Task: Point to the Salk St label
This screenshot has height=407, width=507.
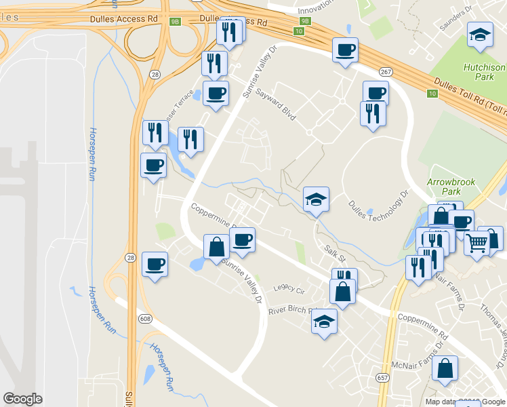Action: (334, 254)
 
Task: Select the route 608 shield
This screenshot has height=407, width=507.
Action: (145, 319)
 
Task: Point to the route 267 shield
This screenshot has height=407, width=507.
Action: (386, 73)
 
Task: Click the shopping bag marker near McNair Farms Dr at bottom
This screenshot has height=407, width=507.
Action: (445, 368)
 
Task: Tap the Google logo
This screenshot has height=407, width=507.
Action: (22, 399)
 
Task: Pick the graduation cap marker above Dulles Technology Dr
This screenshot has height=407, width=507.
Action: (315, 199)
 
